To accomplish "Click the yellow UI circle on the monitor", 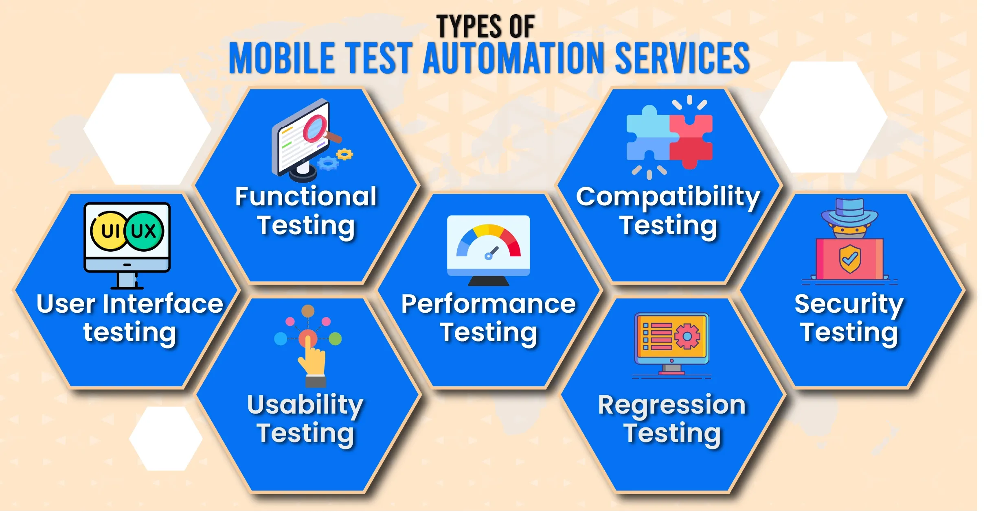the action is pyautogui.click(x=108, y=231).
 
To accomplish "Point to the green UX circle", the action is pyautogui.click(x=144, y=231).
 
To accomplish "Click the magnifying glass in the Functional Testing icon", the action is pyautogui.click(x=320, y=129).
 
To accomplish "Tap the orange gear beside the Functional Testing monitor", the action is pyautogui.click(x=345, y=154).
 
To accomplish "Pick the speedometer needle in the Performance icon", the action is pyautogui.click(x=492, y=253).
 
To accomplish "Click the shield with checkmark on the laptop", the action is pyautogui.click(x=850, y=259).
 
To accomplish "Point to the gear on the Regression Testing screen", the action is pyautogui.click(x=687, y=336).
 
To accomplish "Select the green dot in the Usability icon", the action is pyautogui.click(x=335, y=339).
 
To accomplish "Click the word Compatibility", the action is pyautogui.click(x=668, y=198).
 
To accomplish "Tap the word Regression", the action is pyautogui.click(x=672, y=405).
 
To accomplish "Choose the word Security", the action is pyautogui.click(x=849, y=305).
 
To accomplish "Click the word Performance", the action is pyautogui.click(x=488, y=304).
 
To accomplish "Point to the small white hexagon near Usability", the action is pyautogui.click(x=166, y=439).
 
